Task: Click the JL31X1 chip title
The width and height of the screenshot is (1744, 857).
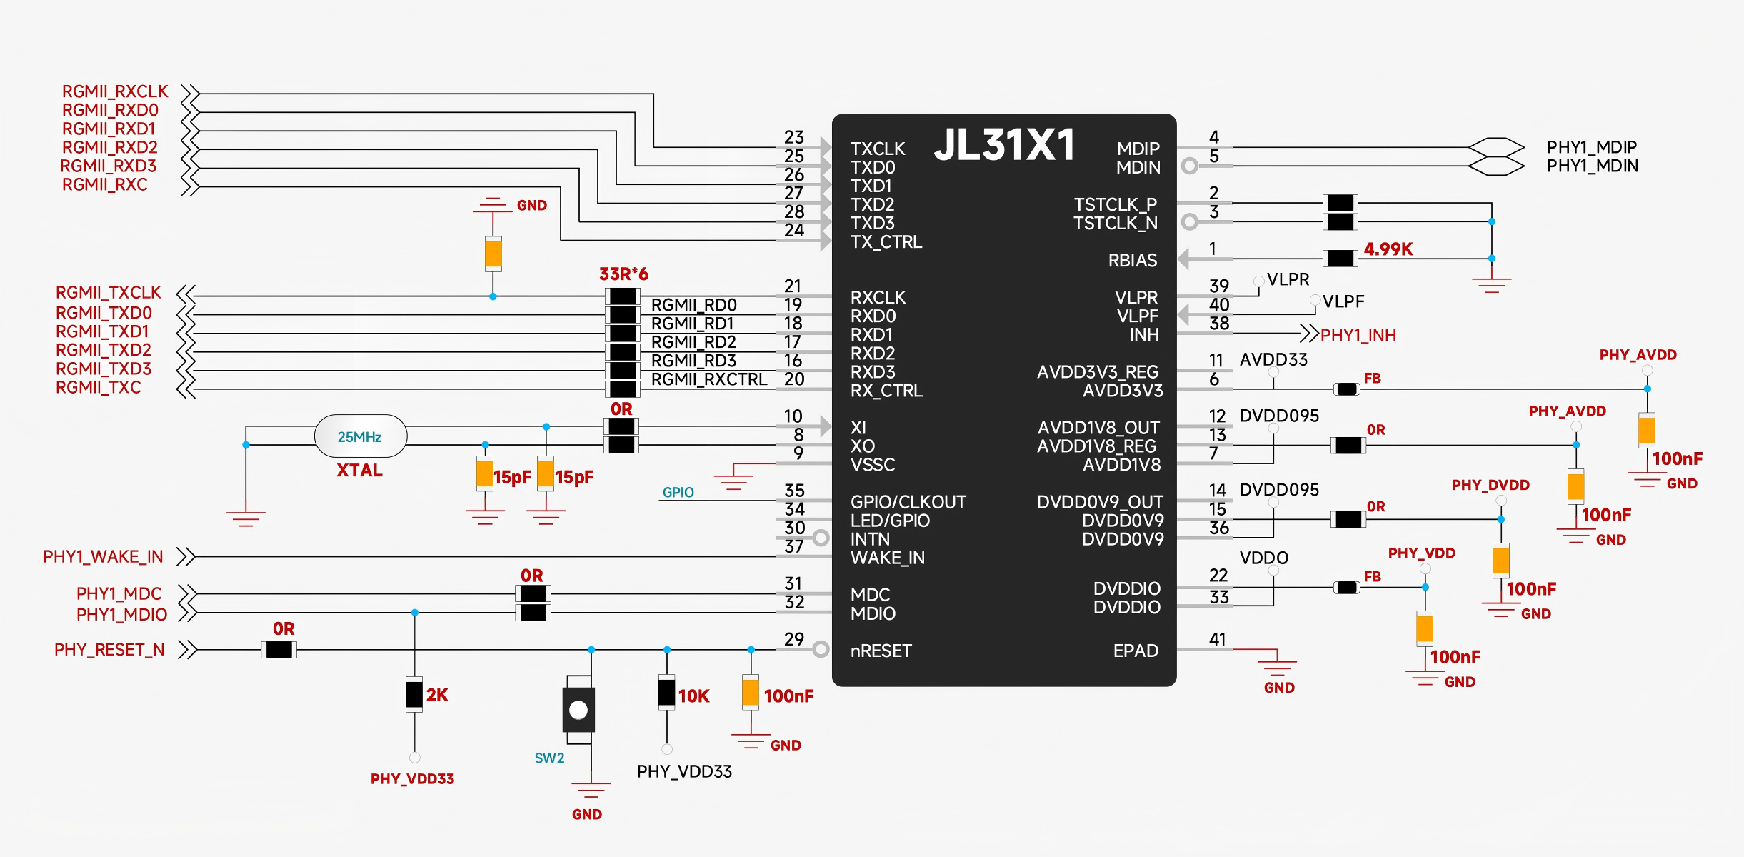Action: [1004, 145]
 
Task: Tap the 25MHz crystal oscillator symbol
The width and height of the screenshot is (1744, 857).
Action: [360, 436]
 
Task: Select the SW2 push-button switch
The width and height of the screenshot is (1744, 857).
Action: [578, 710]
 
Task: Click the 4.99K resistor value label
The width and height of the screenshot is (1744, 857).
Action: [1388, 249]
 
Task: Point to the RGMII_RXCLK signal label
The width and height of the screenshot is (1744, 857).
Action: [114, 91]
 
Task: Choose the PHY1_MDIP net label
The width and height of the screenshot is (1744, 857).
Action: [1591, 147]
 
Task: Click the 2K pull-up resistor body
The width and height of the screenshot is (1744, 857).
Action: [414, 694]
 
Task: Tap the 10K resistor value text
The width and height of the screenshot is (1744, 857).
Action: [693, 696]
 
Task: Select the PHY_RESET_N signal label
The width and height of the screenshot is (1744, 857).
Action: [109, 650]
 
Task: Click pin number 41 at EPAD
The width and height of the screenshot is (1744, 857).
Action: [1218, 639]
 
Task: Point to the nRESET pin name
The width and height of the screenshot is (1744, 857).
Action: [881, 651]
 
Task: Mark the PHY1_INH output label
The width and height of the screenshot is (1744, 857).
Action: [1358, 335]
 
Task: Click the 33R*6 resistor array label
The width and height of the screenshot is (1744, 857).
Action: [623, 274]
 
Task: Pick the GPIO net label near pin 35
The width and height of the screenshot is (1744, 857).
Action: [678, 492]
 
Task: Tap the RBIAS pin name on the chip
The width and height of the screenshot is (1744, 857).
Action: [1132, 261]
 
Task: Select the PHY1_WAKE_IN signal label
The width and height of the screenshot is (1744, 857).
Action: [103, 557]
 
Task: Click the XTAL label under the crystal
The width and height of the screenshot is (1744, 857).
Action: [359, 471]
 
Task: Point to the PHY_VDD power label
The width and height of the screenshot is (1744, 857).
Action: [1421, 553]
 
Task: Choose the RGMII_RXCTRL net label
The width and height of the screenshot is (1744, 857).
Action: [708, 380]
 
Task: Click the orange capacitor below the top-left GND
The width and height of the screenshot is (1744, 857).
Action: [493, 254]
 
